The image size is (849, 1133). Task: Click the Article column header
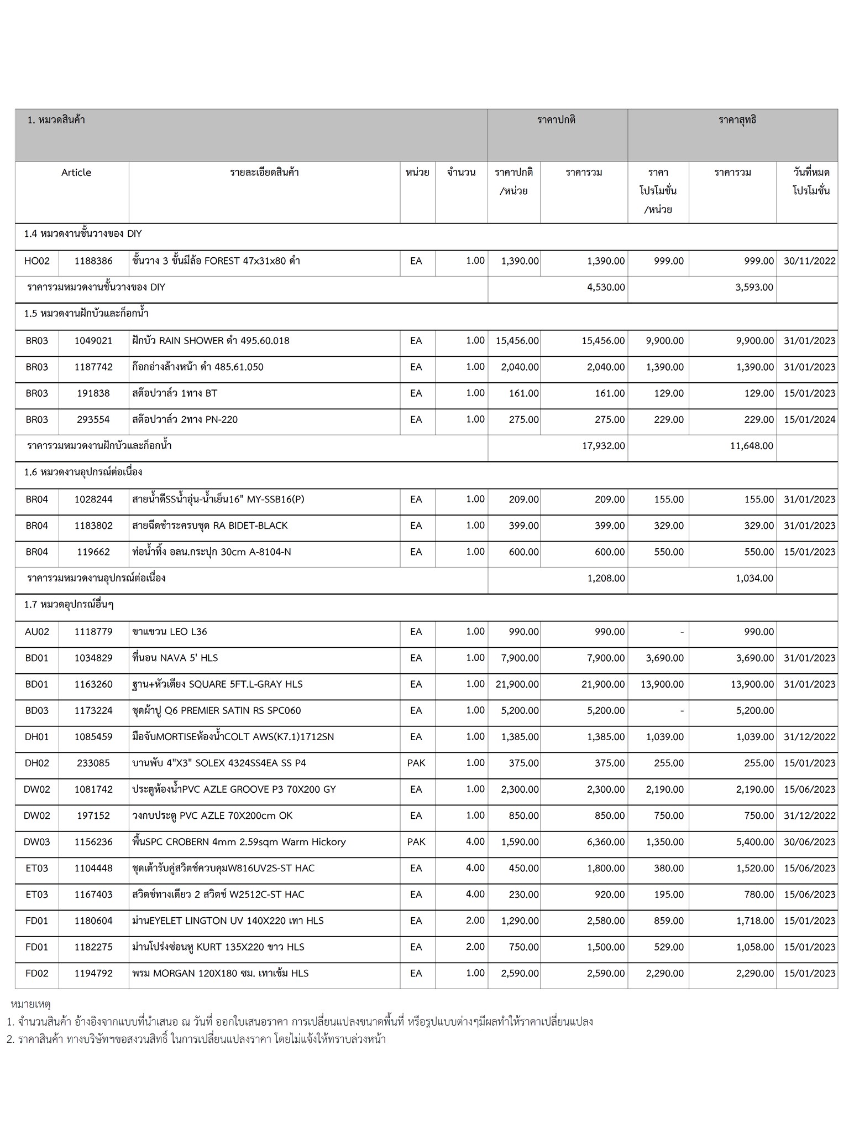pyautogui.click(x=76, y=173)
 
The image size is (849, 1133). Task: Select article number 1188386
pyautogui.click(x=93, y=261)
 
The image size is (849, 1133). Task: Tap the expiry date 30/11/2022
pyautogui.click(x=809, y=261)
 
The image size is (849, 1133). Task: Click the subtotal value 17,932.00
pyautogui.click(x=603, y=446)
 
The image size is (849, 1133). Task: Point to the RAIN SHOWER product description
pyautogui.click(x=211, y=341)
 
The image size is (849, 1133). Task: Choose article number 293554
pyautogui.click(x=93, y=420)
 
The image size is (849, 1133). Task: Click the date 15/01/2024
pyautogui.click(x=809, y=420)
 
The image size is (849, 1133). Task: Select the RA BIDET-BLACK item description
pyautogui.click(x=210, y=526)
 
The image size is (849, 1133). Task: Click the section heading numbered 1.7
pyautogui.click(x=69, y=605)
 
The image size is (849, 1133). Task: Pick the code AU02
pyautogui.click(x=37, y=632)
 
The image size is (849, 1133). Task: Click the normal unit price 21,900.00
pyautogui.click(x=517, y=684)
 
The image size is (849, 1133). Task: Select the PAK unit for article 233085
pyautogui.click(x=416, y=763)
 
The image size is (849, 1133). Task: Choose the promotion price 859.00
pyautogui.click(x=668, y=921)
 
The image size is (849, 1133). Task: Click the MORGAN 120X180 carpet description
pyautogui.click(x=220, y=974)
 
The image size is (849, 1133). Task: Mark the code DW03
pyautogui.click(x=37, y=842)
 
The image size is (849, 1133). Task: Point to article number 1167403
pyautogui.click(x=93, y=895)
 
